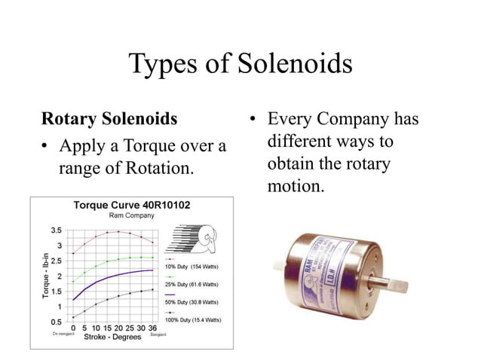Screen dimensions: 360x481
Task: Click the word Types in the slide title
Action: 162,65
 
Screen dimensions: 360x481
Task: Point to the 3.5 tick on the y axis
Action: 56,230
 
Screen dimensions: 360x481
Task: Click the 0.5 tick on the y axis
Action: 56,322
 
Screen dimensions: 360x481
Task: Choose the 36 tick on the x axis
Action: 152,328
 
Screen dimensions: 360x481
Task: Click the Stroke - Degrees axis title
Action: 113,337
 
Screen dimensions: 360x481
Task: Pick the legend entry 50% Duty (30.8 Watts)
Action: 191,302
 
